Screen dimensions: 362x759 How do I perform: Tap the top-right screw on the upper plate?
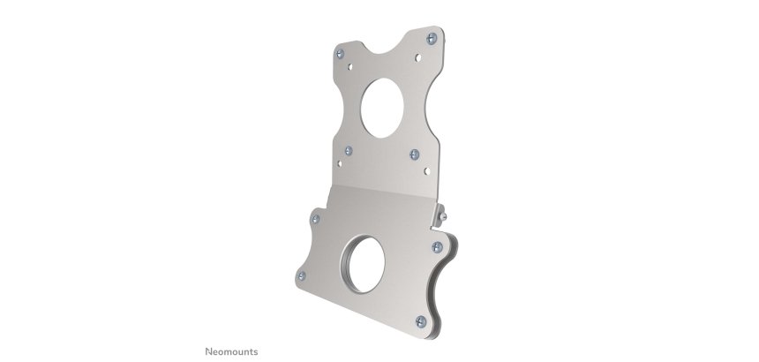click(429, 39)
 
